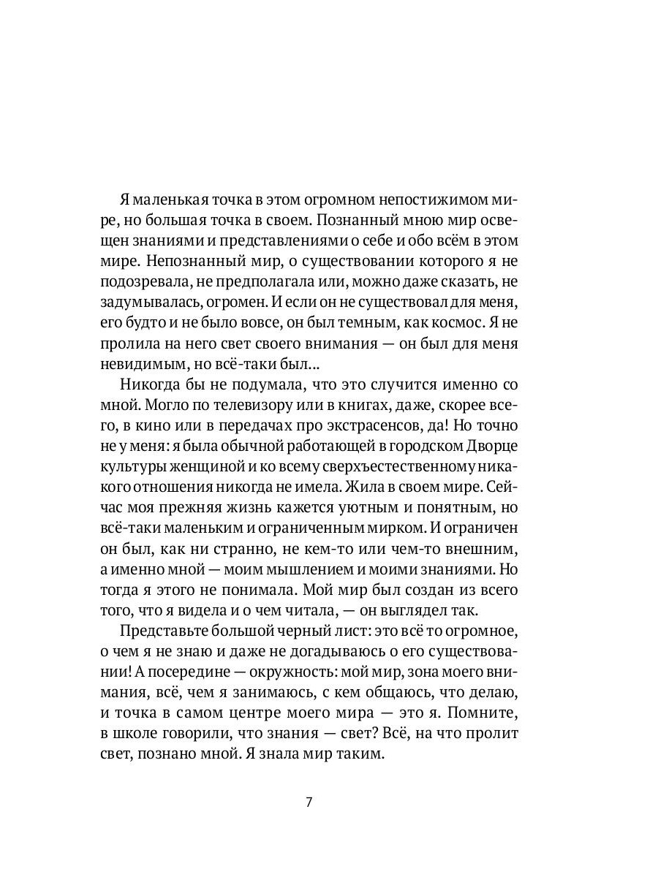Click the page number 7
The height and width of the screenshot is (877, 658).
(x=309, y=802)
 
